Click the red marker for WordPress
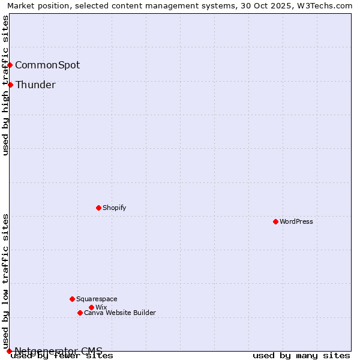275,221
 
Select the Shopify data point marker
98,208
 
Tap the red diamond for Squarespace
72,299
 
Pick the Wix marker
91,307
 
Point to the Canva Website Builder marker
80,313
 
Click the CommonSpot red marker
10,65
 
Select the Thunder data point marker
10,85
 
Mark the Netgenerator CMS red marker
9,351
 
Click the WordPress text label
296,221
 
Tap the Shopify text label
114,208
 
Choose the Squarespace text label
97,299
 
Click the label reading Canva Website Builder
120,313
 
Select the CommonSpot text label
47,65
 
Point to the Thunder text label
35,85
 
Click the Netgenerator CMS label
58,351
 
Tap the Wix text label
101,307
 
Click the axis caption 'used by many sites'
301,356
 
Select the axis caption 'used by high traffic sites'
6,85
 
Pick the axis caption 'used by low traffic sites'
6,281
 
